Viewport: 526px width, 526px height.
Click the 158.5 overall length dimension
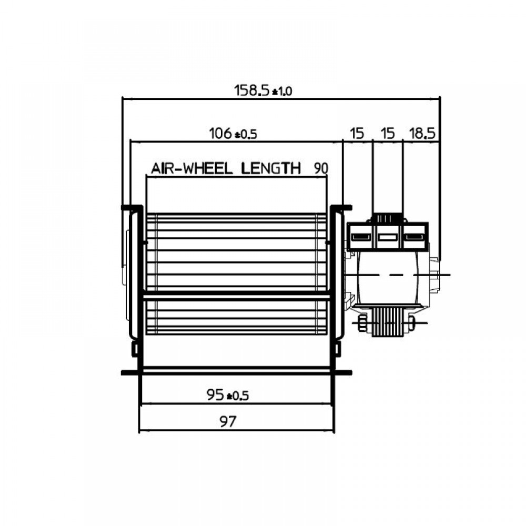point(252,90)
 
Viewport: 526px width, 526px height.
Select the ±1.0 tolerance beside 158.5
point(281,92)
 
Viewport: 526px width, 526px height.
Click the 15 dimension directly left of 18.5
point(388,134)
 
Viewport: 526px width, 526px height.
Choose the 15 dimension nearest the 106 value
point(357,134)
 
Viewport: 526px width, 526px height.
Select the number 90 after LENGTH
point(320,169)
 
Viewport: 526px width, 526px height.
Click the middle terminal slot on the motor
point(388,237)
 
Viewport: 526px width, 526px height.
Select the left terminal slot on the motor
point(359,237)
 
